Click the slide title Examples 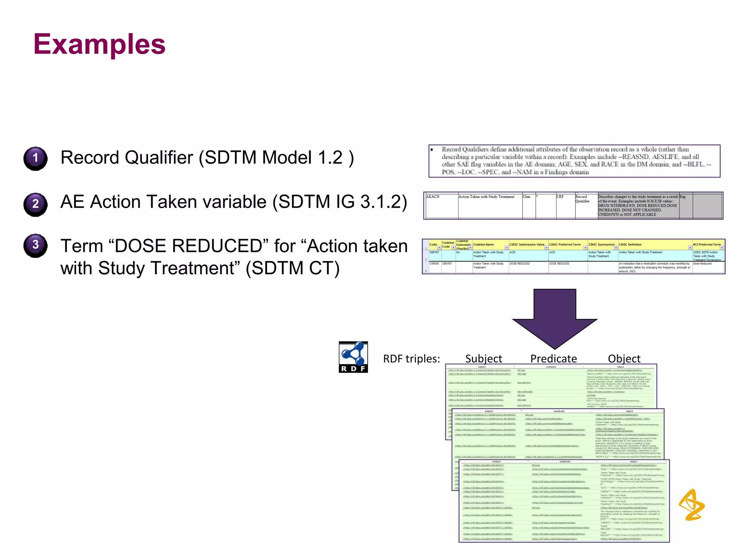pos(99,44)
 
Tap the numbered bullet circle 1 pos(35,158)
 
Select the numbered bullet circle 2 pos(35,204)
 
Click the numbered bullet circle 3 pos(35,245)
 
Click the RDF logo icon pos(353,357)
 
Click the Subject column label pos(483,359)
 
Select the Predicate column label pos(553,359)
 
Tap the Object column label pos(624,359)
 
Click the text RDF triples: pos(411,359)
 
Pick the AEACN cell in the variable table pos(433,197)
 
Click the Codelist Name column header pos(483,244)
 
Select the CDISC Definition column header pos(630,244)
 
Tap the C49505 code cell pos(434,264)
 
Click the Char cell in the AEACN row pos(526,197)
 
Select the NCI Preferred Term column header pos(707,244)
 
